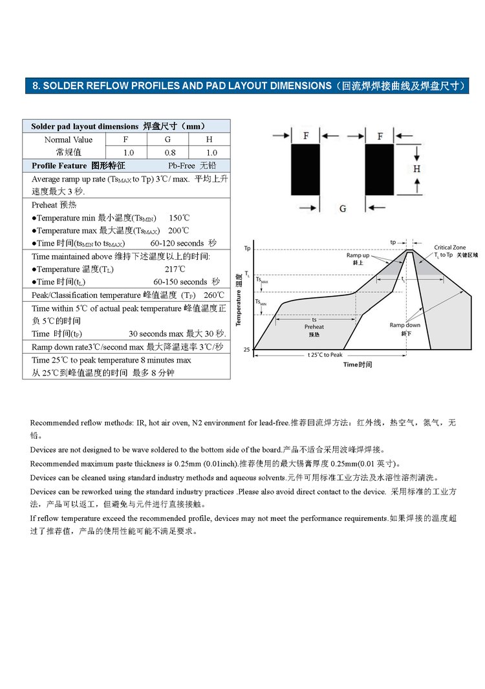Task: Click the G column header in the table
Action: point(167,140)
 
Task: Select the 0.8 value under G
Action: point(169,153)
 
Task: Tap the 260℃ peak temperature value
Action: point(213,295)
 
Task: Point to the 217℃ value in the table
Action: point(175,269)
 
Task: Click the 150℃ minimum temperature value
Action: point(179,218)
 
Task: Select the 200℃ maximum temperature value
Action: point(179,231)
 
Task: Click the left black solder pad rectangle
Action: point(305,169)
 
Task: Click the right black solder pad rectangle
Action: point(380,169)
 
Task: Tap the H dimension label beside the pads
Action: point(417,169)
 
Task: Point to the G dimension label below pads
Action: point(343,208)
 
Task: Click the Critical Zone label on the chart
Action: point(449,248)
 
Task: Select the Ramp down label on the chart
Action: point(405,325)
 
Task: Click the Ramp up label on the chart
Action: point(358,256)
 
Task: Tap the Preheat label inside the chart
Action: point(314,327)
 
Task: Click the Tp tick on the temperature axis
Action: point(247,248)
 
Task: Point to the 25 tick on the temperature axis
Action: point(246,350)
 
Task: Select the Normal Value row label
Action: point(68,140)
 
